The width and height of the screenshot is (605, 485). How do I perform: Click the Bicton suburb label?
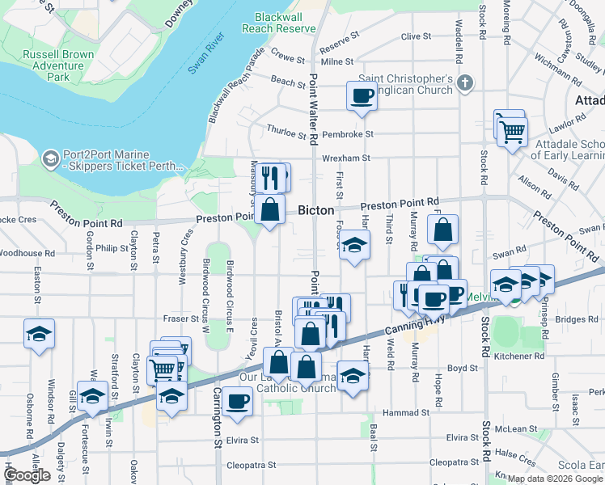316,210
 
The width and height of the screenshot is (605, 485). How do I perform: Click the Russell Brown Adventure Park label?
58,65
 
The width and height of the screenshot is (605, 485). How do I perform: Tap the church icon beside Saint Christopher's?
464,82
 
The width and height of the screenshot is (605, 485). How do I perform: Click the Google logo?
27,475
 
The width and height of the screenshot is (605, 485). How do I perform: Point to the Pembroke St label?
347,134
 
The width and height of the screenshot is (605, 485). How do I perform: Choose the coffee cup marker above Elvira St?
237,401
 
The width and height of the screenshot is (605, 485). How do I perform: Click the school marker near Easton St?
38,334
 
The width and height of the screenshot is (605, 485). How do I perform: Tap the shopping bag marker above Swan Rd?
443,231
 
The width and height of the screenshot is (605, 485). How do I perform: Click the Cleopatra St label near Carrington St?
252,466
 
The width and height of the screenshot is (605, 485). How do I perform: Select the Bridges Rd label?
576,319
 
